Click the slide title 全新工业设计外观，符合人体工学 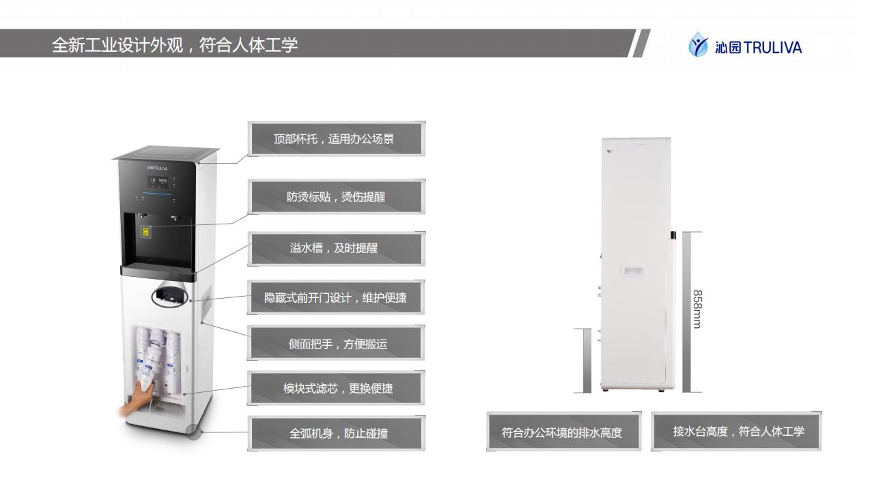click(175, 45)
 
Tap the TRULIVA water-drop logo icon click(698, 45)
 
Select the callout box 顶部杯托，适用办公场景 click(335, 139)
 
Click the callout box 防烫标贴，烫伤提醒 click(335, 197)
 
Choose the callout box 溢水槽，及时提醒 click(335, 248)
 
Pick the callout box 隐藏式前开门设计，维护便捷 click(335, 298)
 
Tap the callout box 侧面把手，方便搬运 click(335, 344)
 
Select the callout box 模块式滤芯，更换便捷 click(335, 388)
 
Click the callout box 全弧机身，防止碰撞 click(335, 433)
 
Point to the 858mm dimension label click(697, 309)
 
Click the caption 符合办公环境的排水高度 click(562, 432)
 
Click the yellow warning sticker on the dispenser click(145, 231)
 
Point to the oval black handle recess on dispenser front click(169, 295)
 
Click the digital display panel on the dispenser click(160, 182)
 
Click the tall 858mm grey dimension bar click(687, 312)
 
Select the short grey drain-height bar click(582, 360)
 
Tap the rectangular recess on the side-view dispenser click(631, 271)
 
